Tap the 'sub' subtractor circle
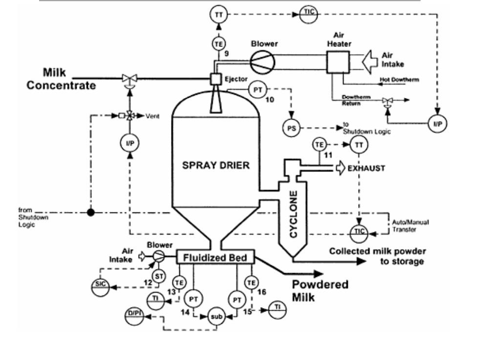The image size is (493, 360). (x=216, y=317)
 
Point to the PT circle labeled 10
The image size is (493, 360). (x=257, y=89)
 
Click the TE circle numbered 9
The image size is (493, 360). (x=218, y=44)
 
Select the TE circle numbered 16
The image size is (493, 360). (x=252, y=282)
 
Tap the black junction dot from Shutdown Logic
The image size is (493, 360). (x=90, y=212)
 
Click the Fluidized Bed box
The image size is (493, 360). (x=215, y=256)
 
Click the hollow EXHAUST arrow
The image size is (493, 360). (x=339, y=169)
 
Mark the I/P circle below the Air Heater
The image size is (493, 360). (x=438, y=124)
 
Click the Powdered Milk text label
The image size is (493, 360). (x=320, y=291)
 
